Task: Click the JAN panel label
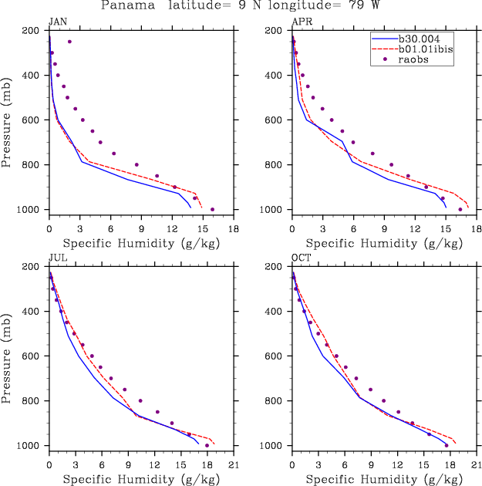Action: pyautogui.click(x=56, y=22)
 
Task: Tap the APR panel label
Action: pyautogui.click(x=299, y=22)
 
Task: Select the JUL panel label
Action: pyautogui.click(x=56, y=258)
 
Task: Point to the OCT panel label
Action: pyautogui.click(x=299, y=258)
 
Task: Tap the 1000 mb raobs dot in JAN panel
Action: pyautogui.click(x=213, y=209)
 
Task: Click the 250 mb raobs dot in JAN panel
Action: pyautogui.click(x=69, y=42)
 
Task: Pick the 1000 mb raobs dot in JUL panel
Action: pyautogui.click(x=207, y=445)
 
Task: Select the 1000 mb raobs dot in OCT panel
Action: pyautogui.click(x=446, y=445)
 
